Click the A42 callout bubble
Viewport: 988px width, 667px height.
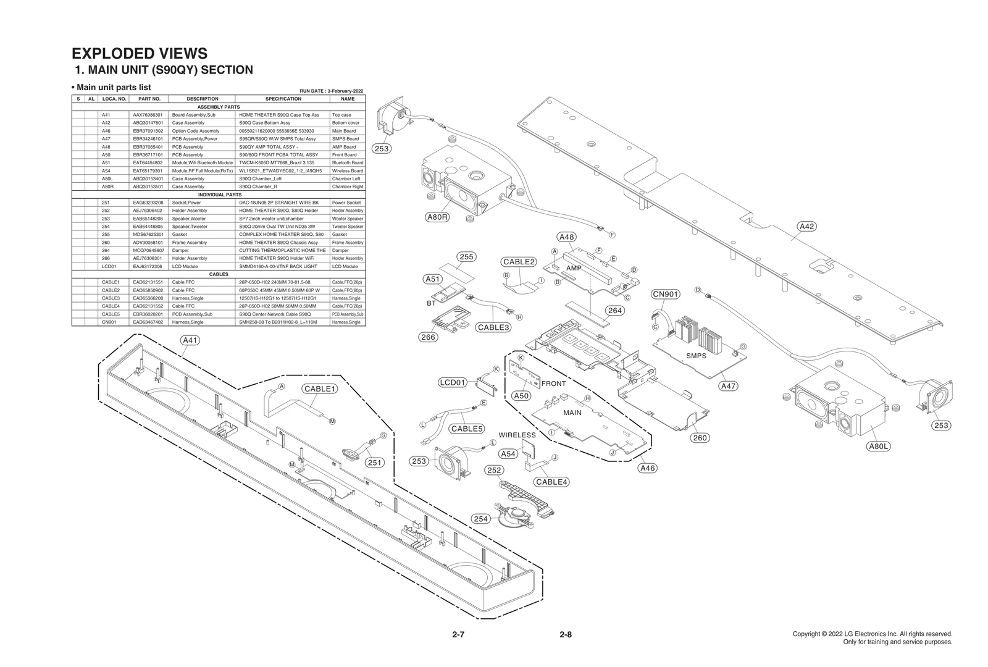(806, 226)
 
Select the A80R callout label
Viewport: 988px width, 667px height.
(437, 217)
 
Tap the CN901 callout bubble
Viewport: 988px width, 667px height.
(666, 294)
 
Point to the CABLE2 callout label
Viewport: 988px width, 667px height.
(518, 262)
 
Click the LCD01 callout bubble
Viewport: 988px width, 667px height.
(452, 382)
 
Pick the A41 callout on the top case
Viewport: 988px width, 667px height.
(190, 340)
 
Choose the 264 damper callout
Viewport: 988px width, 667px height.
(614, 311)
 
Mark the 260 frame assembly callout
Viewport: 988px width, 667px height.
(699, 438)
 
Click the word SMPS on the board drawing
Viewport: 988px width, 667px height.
(696, 356)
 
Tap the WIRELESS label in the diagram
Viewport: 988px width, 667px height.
(517, 435)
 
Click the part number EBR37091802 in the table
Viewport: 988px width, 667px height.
(148, 131)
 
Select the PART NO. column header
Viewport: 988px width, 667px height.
(149, 99)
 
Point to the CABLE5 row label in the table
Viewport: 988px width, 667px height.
(111, 314)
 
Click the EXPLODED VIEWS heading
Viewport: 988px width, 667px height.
(140, 54)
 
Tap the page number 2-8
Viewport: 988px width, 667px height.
(565, 634)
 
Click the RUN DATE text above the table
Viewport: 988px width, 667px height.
(331, 91)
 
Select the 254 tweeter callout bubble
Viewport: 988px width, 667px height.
(481, 519)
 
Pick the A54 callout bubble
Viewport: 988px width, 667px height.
(508, 454)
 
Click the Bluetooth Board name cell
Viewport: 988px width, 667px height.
(348, 162)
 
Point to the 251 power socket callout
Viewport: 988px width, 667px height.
(374, 462)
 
